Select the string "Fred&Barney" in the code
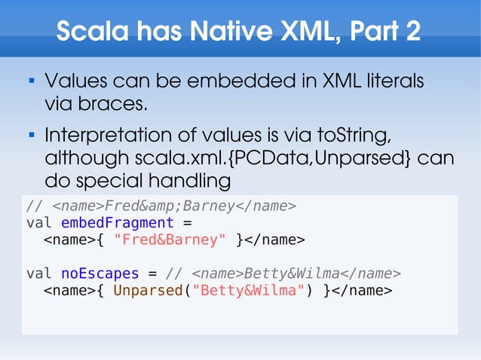click(170, 240)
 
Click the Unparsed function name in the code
click(148, 290)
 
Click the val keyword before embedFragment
click(39, 223)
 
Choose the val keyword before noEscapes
click(39, 273)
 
